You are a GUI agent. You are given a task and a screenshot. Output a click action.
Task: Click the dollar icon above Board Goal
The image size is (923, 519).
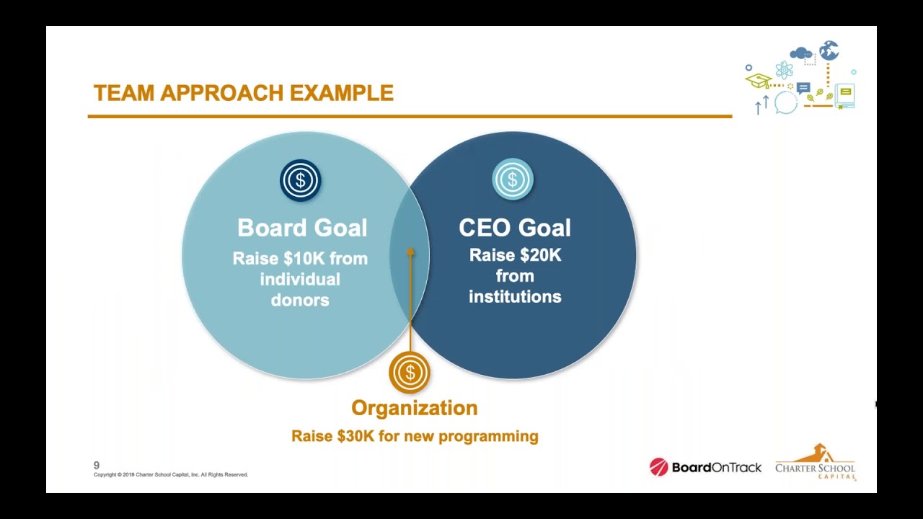[x=300, y=180]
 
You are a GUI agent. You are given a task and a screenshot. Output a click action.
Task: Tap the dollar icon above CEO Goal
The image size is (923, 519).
[x=513, y=179]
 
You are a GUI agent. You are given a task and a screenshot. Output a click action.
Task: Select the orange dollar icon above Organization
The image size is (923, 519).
[x=410, y=373]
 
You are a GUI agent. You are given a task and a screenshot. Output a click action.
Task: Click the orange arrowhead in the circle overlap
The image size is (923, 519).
[x=410, y=252]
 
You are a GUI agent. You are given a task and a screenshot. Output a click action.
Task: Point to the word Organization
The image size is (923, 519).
[x=414, y=408]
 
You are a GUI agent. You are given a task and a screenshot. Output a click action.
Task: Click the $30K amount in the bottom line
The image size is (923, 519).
[x=355, y=436]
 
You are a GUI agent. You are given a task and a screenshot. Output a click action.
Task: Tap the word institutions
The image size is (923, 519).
[x=515, y=296]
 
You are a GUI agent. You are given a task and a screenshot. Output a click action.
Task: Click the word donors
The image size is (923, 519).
[x=300, y=300]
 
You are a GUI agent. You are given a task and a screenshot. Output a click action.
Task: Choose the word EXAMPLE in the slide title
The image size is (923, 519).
[x=342, y=93]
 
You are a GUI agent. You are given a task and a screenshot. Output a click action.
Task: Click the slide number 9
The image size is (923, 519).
[x=97, y=466]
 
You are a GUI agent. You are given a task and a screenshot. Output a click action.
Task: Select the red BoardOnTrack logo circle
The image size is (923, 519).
[x=658, y=467]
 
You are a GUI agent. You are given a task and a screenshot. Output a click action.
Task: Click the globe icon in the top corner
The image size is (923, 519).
[x=829, y=50]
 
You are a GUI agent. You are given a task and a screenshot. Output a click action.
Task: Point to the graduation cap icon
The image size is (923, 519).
[x=758, y=80]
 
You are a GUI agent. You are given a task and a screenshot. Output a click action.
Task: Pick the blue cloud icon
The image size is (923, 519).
[x=800, y=53]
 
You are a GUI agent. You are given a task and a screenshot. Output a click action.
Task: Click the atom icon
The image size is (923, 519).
[x=784, y=71]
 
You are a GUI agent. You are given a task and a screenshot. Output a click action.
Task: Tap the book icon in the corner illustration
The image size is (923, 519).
[x=845, y=95]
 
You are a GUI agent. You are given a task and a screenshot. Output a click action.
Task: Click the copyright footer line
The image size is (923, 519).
[x=171, y=475]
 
